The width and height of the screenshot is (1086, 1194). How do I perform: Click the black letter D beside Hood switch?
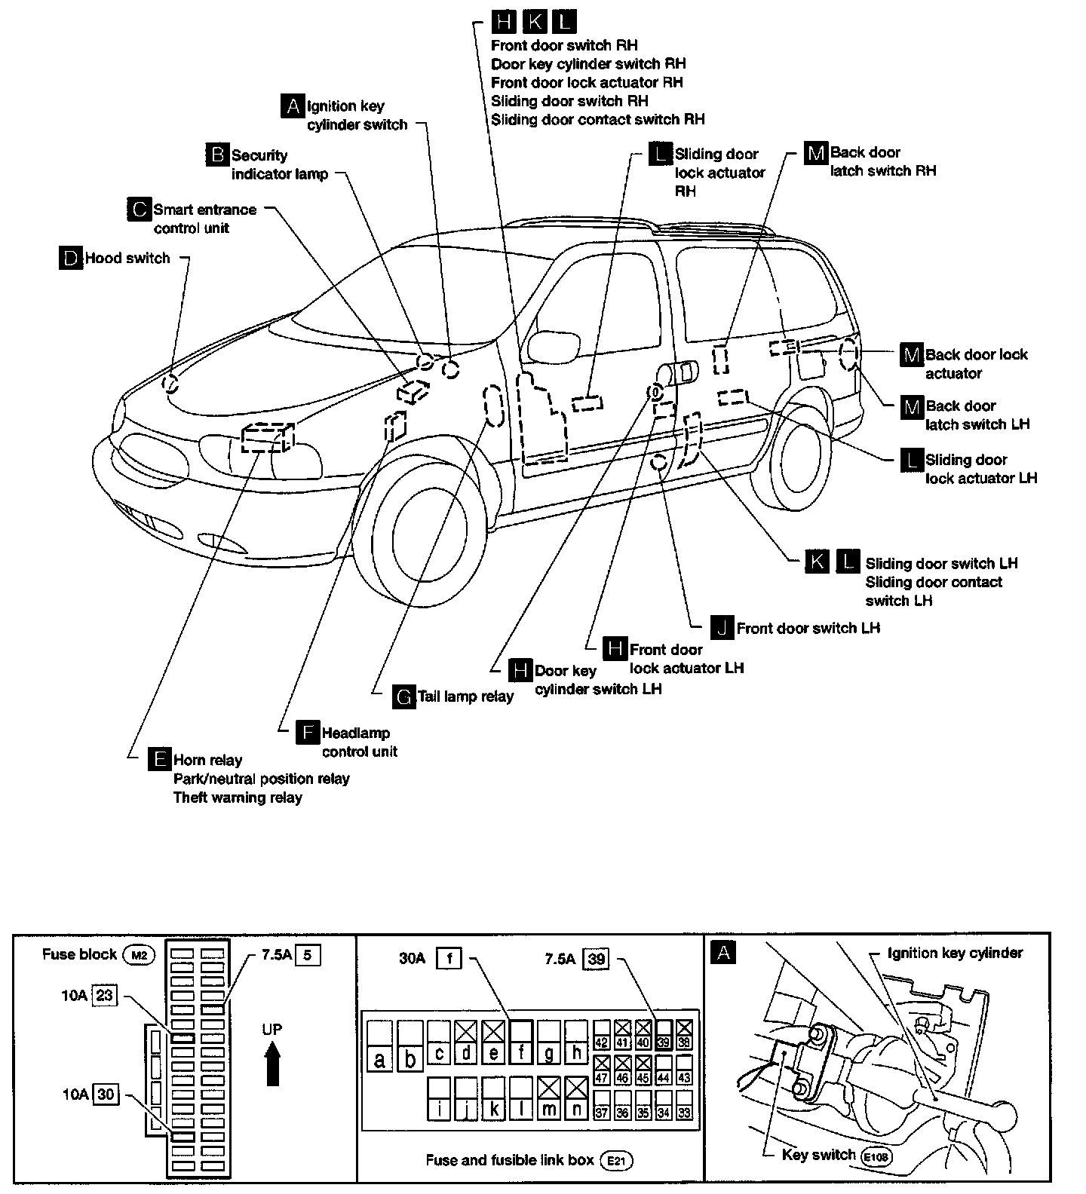70,259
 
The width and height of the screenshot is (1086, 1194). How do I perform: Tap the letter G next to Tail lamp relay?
404,697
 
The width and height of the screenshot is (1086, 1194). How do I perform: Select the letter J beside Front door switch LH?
722,628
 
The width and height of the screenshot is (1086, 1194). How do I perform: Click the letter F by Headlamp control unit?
308,733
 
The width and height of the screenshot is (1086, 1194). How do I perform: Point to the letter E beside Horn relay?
160,760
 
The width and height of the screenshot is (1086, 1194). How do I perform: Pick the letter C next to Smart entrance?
139,210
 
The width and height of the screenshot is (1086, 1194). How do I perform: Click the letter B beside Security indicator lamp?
217,155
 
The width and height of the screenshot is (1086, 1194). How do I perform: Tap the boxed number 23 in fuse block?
104,996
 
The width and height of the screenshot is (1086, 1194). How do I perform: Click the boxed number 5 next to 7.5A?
307,955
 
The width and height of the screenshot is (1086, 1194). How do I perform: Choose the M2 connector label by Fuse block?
138,955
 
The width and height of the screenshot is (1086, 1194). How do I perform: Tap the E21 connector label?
617,1161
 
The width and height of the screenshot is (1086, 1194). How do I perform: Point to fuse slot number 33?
684,1113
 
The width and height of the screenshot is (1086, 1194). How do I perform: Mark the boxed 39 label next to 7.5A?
597,959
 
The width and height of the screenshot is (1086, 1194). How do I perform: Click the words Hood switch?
127,259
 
